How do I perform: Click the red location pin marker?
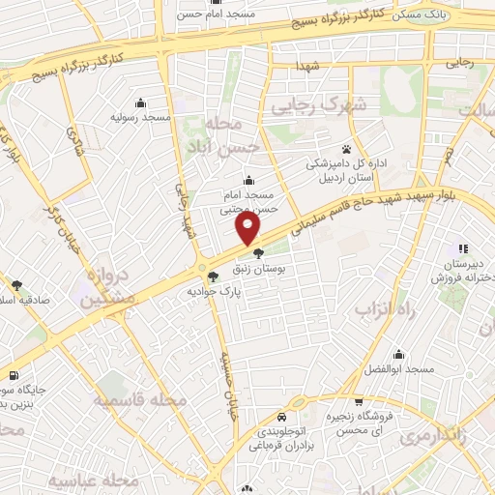click(249, 228)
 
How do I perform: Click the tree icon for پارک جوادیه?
click(213, 276)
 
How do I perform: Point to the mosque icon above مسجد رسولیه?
click(141, 103)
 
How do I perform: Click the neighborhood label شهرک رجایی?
click(319, 103)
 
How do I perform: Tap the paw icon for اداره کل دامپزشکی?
click(346, 149)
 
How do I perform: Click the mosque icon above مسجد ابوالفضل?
click(398, 355)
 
